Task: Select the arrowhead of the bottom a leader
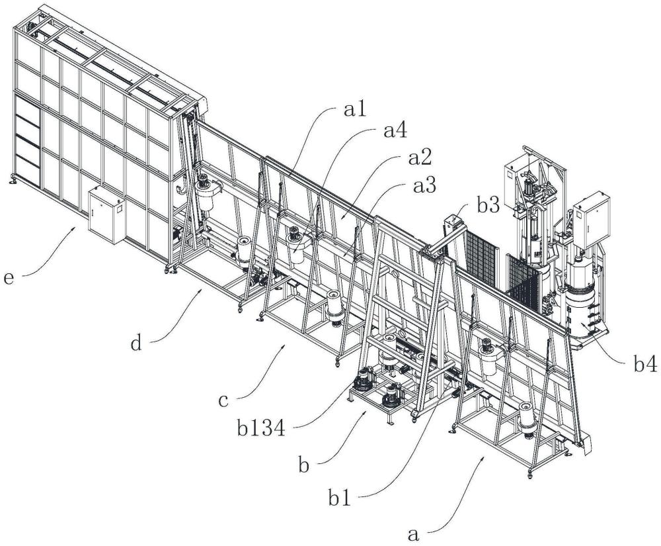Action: click(x=487, y=457)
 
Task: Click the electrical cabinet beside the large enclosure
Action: click(x=107, y=215)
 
